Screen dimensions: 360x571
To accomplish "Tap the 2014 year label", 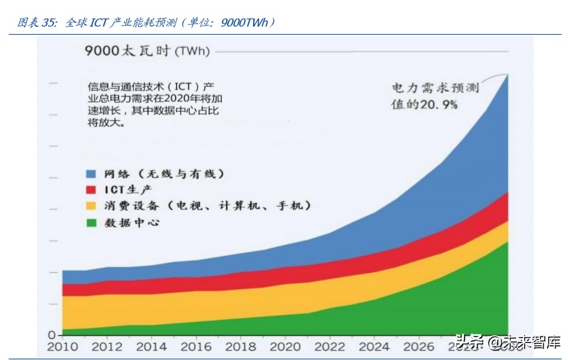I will pos(151,347).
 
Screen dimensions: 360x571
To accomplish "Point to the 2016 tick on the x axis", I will pos(195,347).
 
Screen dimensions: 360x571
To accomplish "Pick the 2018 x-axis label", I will pos(240,347).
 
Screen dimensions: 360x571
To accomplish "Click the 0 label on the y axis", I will pos(51,335).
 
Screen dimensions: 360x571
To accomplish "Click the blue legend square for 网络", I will pos(92,174).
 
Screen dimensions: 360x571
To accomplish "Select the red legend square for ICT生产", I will pos(92,190).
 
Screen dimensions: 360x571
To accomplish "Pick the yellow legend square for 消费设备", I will pos(92,206).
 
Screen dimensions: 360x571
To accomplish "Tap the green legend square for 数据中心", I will pos(92,222).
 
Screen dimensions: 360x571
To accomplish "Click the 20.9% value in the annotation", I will pos(439,104).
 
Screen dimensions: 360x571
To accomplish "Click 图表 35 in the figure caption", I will pos(37,23).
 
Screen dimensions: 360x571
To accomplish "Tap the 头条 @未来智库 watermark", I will pos(507,343).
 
